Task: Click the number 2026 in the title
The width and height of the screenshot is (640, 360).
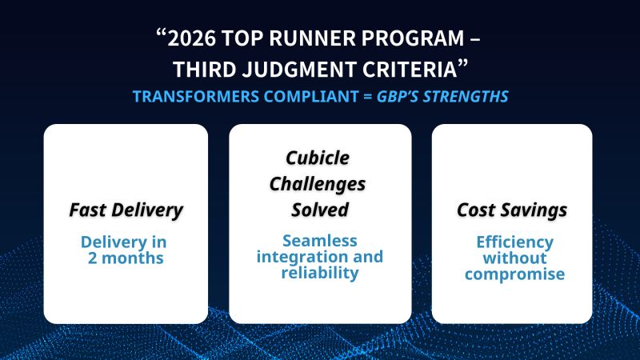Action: (191, 38)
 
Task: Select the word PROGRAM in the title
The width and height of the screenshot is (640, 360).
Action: (413, 38)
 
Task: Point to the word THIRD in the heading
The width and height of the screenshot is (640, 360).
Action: (205, 70)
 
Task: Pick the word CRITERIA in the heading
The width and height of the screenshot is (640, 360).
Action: (410, 70)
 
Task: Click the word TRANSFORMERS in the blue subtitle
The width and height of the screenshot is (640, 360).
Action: (196, 97)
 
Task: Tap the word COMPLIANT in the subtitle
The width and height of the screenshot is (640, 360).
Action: (311, 97)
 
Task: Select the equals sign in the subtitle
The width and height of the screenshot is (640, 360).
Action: (367, 97)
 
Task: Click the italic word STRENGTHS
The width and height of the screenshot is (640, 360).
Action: (466, 97)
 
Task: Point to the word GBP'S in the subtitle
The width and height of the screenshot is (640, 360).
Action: (398, 97)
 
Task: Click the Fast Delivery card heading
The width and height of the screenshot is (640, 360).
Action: (126, 210)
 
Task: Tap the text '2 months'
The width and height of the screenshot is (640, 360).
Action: (126, 258)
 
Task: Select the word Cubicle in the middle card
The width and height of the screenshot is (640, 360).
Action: (318, 158)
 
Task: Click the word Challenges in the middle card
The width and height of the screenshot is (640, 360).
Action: (318, 185)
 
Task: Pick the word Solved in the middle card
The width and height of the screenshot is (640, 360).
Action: (320, 210)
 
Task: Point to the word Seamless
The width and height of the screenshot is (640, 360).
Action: (320, 241)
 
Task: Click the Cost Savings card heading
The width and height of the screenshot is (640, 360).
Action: (512, 210)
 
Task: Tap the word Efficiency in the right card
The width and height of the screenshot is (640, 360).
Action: (514, 242)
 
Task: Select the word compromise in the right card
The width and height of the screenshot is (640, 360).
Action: (514, 274)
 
